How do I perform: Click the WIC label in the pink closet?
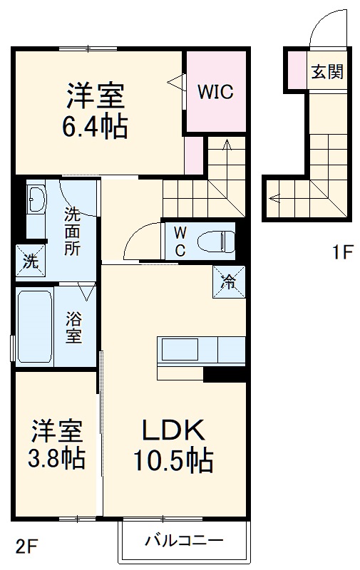[x=215, y=92]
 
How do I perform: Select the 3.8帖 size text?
[x=56, y=457]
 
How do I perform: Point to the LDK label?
[x=173, y=430]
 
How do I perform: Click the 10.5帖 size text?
[x=173, y=461]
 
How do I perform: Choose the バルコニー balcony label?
[x=184, y=539]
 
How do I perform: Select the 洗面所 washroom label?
[x=73, y=231]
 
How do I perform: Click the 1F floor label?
[x=341, y=252]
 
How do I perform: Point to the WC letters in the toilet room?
[x=180, y=240]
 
